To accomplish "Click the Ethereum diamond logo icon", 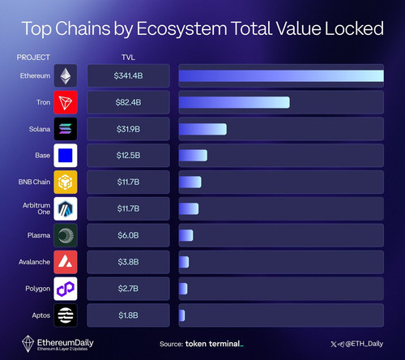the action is point(66,75).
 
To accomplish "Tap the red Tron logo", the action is point(66,102).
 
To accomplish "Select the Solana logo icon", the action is point(66,129).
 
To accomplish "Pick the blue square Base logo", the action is point(66,156).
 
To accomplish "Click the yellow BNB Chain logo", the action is point(66,182).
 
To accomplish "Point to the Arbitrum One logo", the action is point(66,208).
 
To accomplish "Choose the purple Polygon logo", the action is point(66,289).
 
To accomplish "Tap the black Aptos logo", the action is point(66,315).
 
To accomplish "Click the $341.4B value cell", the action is point(128,76).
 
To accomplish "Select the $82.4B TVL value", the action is point(128,102).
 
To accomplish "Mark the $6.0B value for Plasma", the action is point(128,235).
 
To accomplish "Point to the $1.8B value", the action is point(128,315).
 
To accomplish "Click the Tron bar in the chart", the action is point(234,102).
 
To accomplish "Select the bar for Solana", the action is point(202,129).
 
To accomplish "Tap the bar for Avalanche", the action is point(184,262).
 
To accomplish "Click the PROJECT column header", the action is point(33,58).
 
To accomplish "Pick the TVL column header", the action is point(128,58).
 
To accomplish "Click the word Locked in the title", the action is point(354,28).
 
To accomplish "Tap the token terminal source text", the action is point(215,344).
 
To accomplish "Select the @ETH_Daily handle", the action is point(364,344).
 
